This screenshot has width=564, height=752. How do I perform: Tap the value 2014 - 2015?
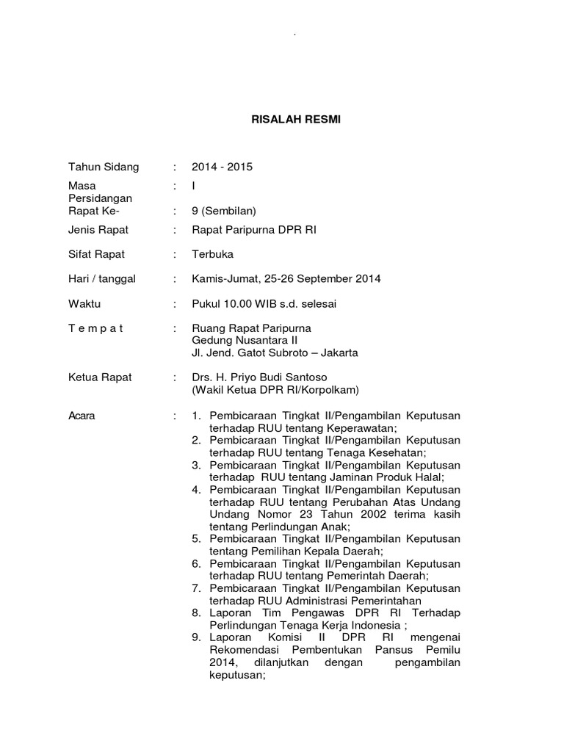222,167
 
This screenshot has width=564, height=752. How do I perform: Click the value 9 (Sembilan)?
223,211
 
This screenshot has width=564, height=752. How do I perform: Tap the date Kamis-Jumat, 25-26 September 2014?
286,279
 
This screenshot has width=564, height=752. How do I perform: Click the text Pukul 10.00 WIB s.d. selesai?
264,303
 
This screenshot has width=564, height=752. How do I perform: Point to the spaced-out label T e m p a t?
96,328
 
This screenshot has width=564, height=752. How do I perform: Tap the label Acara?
82,416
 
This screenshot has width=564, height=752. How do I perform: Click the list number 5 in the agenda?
196,539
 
